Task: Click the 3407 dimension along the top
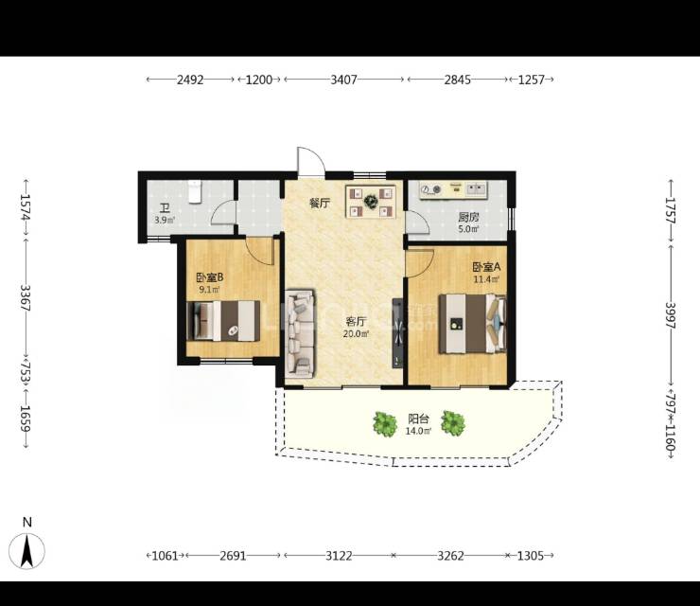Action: coord(343,80)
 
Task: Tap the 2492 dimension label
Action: coord(190,80)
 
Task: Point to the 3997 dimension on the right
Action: coord(671,315)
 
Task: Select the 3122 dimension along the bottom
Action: coord(339,556)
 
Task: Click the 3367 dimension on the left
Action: coord(25,298)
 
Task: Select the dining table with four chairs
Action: coord(371,202)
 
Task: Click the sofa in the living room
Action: coord(300,333)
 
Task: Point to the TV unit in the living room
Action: coord(397,333)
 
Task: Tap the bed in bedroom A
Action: coord(473,324)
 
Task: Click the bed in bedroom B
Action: coord(223,321)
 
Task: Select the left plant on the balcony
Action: coord(385,424)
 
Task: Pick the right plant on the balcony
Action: coord(453,423)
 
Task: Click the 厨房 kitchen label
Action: coord(469,217)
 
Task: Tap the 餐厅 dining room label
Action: coord(320,204)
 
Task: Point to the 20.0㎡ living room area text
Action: coord(356,333)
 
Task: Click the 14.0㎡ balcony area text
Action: coord(418,431)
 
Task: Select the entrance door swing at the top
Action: coord(310,161)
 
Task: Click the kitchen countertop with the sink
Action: coord(453,190)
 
